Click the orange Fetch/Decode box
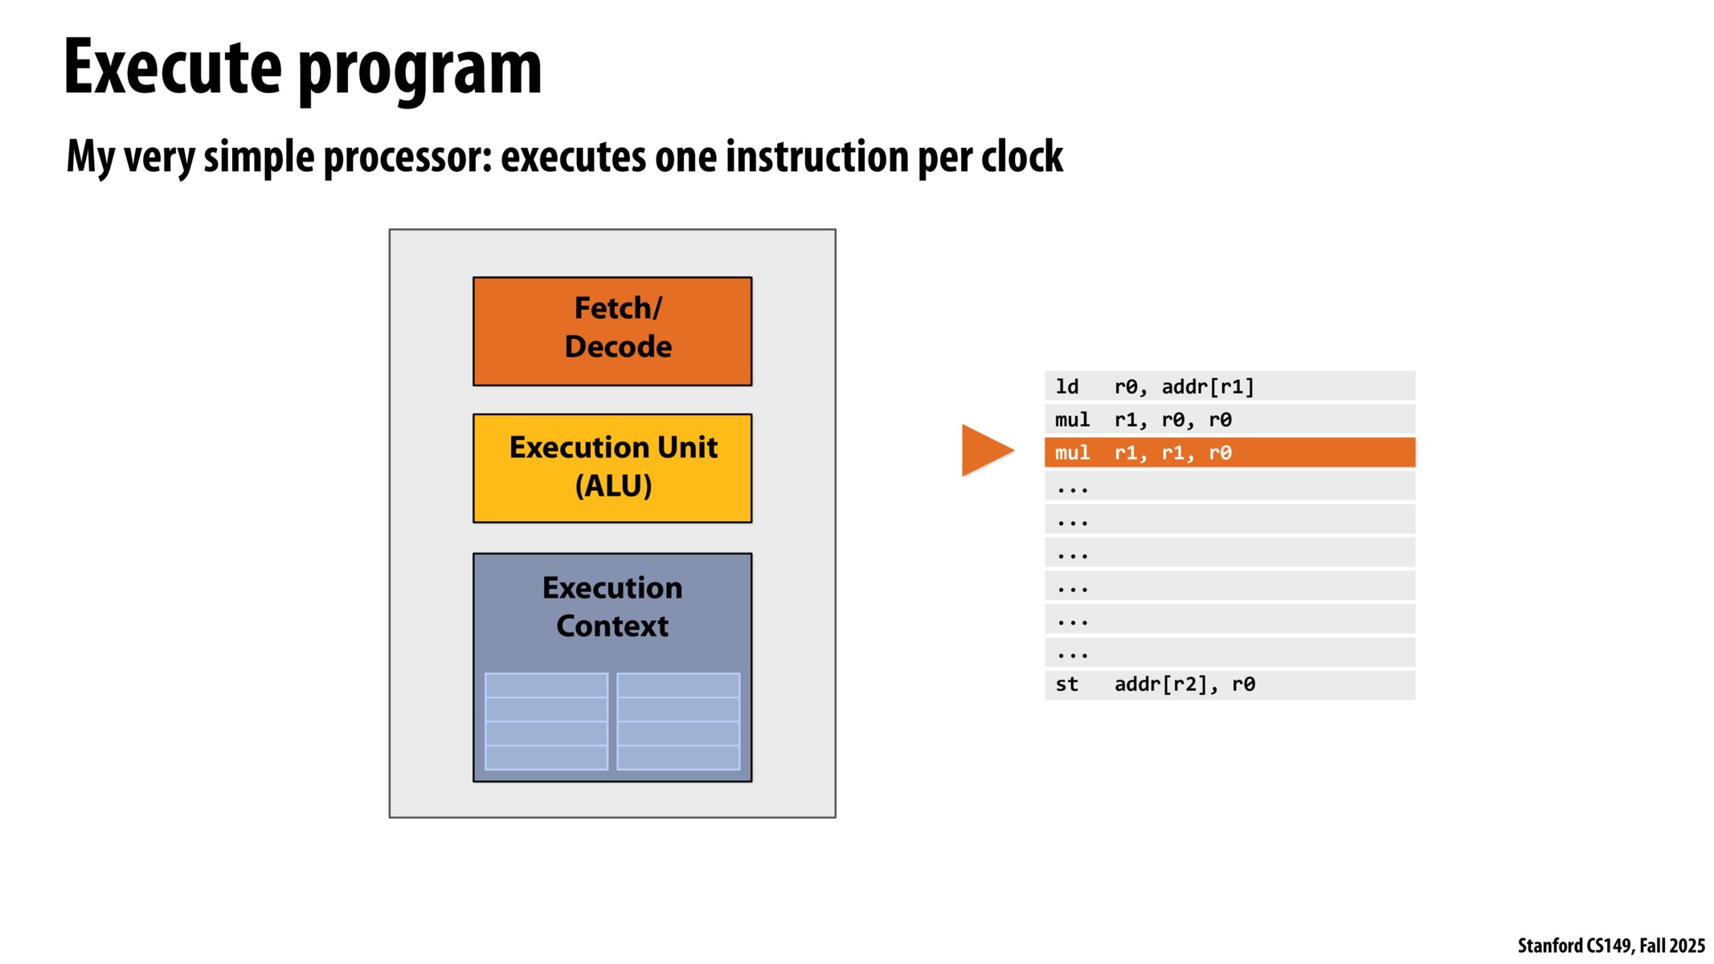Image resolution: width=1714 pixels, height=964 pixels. [x=612, y=331]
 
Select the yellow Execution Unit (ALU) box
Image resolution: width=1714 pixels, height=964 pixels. [x=612, y=468]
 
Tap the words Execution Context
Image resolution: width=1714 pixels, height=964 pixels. [x=612, y=607]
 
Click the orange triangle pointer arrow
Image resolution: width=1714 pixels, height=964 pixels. [x=985, y=451]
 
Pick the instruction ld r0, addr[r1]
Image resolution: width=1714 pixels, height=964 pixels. [x=1229, y=386]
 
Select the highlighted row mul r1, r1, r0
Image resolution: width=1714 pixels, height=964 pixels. [x=1229, y=452]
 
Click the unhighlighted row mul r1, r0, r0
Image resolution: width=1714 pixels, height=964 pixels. [x=1229, y=419]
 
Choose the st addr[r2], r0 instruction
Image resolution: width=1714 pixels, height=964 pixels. [x=1229, y=684]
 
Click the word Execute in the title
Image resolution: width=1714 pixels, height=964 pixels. [x=172, y=67]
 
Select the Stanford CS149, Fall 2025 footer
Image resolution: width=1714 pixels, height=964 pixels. [x=1610, y=946]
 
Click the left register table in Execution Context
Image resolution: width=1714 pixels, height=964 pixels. [x=546, y=721]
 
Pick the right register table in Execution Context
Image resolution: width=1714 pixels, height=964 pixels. [x=678, y=721]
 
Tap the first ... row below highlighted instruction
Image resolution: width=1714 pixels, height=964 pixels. [x=1229, y=486]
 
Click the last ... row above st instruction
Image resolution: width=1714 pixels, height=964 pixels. [x=1229, y=652]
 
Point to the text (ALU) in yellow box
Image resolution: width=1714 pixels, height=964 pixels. [x=613, y=486]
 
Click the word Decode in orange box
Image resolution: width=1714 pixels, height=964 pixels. [x=618, y=346]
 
